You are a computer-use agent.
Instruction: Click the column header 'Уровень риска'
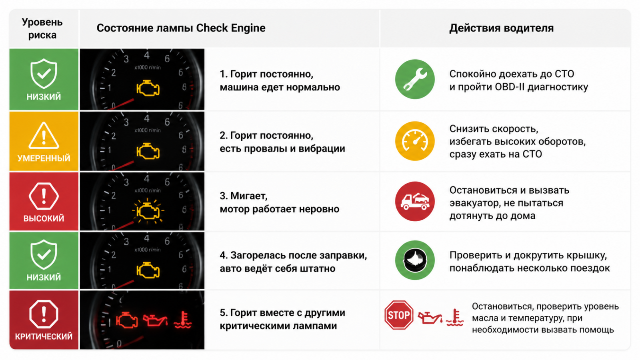point(42,28)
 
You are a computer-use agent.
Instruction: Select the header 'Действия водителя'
point(502,28)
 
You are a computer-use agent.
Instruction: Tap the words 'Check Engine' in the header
point(230,28)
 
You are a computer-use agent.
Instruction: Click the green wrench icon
point(415,79)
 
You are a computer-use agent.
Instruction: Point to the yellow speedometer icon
point(415,141)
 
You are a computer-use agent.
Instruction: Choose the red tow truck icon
point(415,202)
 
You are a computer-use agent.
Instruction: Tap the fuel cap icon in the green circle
point(415,260)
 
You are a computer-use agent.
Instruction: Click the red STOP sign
point(398,315)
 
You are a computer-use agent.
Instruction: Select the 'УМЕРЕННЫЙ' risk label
point(44,158)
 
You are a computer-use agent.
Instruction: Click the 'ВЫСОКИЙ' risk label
point(44,218)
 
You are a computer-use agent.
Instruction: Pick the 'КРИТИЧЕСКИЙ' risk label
point(44,336)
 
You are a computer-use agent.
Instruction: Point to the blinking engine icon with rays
point(148,210)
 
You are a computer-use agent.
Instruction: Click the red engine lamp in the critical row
point(127,320)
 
